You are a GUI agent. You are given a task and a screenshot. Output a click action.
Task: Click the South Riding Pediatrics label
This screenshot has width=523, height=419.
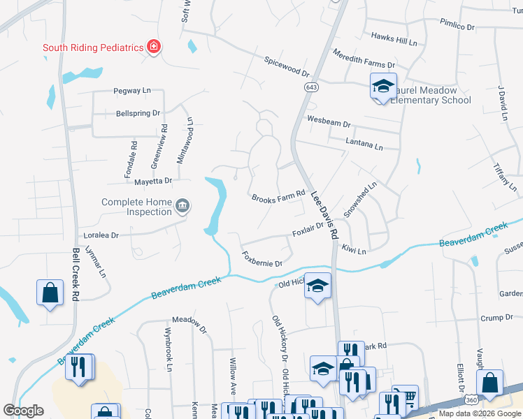point(92,48)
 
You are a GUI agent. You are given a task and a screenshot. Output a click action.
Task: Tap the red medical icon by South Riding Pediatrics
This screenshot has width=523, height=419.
point(153,47)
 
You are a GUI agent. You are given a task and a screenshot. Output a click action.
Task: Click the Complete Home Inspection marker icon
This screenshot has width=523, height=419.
point(182,205)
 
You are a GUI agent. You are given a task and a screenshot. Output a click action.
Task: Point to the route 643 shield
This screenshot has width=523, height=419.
point(310,87)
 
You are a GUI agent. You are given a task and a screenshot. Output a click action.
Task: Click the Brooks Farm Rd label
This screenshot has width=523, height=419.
point(279,195)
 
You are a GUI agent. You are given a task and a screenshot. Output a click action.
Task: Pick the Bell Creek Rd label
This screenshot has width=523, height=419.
point(75,275)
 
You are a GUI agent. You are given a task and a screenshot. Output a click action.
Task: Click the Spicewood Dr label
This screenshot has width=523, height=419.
point(287,67)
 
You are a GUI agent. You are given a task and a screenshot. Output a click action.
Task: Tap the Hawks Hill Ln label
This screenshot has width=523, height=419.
point(394,39)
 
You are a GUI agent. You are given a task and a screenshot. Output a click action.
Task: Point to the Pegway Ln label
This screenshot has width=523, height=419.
point(132,91)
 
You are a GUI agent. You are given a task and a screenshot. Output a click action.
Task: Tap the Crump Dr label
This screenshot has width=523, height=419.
point(497,318)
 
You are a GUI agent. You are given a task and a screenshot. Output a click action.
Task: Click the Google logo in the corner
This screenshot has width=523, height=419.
point(23,411)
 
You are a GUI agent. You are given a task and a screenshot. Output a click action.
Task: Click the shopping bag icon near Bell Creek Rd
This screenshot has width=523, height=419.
point(50,293)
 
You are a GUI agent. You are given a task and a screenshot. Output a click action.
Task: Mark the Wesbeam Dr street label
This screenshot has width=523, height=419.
point(328,122)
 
